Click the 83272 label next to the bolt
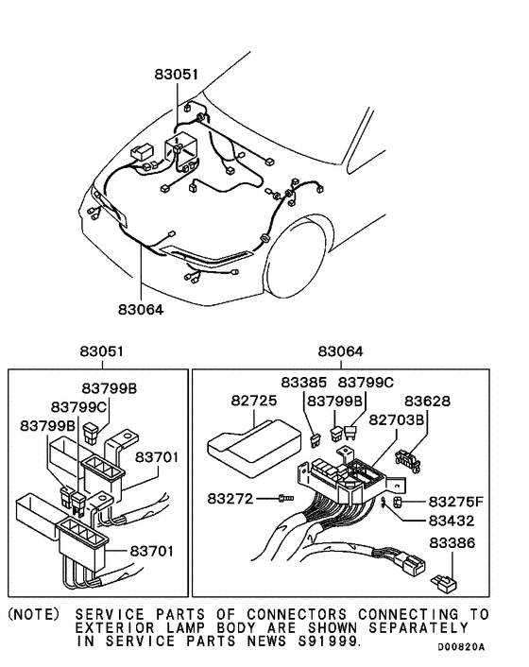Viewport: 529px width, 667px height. pyautogui.click(x=230, y=497)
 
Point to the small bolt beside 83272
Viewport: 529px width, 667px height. pyautogui.click(x=286, y=497)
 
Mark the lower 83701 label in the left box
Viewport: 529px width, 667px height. pyautogui.click(x=152, y=549)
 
